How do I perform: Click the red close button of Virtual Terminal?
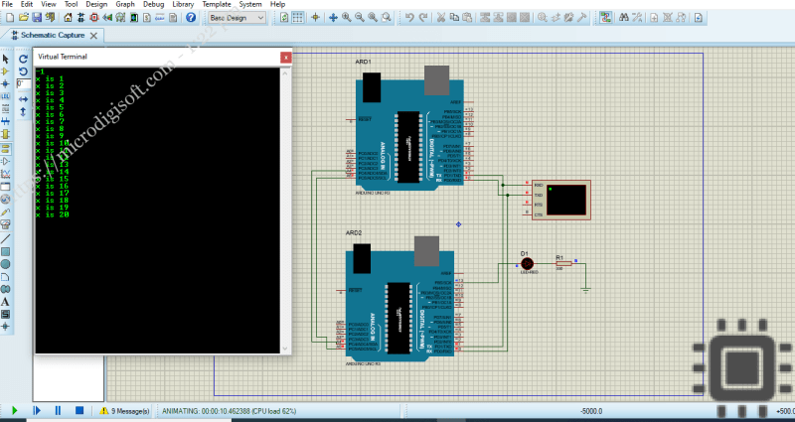286,58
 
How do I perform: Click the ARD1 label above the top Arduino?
363,62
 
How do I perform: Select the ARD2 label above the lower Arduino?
353,232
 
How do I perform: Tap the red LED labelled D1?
527,263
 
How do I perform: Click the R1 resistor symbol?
562,264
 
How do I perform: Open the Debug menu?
153,5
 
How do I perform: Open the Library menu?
183,5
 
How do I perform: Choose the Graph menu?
125,5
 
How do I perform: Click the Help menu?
277,5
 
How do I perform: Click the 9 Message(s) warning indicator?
124,410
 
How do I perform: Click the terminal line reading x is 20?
52,214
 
